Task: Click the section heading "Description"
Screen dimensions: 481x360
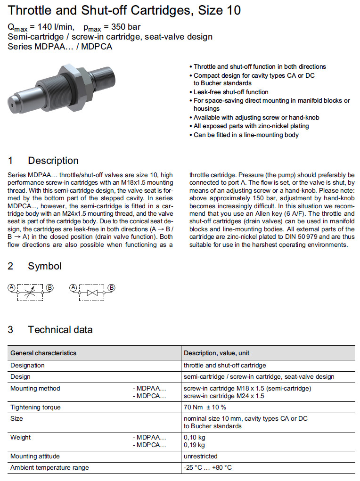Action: click(53, 161)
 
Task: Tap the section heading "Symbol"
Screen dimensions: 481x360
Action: click(44, 266)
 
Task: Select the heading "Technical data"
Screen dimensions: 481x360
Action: click(60, 330)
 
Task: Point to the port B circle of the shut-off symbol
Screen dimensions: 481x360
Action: click(112, 287)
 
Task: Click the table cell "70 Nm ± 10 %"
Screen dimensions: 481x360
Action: click(205, 407)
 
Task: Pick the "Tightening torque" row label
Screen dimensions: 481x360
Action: click(35, 407)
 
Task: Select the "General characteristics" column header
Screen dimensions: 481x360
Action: click(43, 353)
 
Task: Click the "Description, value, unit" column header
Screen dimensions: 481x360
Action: click(216, 353)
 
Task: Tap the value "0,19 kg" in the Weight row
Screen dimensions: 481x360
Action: click(194, 445)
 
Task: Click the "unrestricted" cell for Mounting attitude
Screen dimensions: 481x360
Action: click(200, 456)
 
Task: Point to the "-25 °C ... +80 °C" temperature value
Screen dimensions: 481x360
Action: click(207, 467)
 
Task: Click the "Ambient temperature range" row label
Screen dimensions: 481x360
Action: click(49, 467)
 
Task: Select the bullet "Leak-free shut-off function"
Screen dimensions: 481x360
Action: click(231, 92)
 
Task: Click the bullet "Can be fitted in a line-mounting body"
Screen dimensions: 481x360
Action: click(246, 135)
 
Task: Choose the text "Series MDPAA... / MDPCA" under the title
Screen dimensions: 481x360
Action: click(60, 46)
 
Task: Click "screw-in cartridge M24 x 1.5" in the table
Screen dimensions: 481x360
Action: click(224, 396)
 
